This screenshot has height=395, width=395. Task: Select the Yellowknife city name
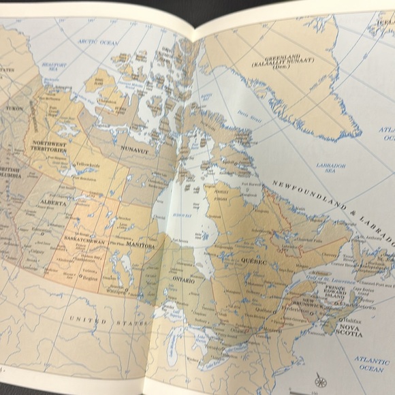coord(88,165)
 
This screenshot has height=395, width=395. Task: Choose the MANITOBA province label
coord(140,245)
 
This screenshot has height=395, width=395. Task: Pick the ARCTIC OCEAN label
coord(98,42)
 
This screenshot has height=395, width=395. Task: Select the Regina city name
coord(91,279)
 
